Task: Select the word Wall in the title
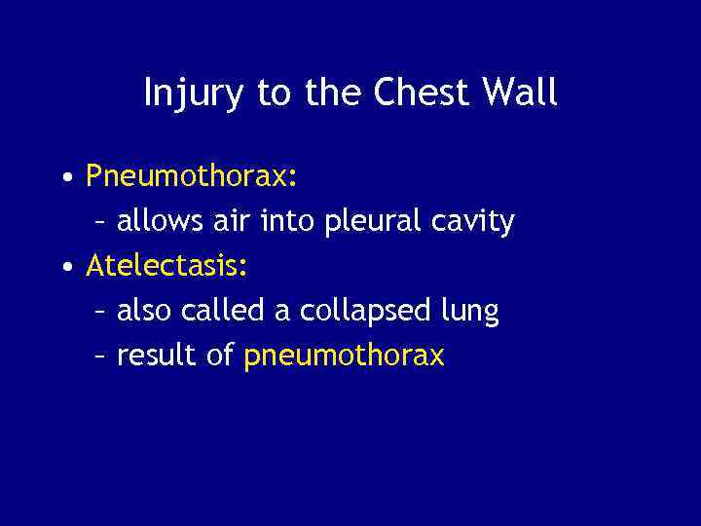pos(524,94)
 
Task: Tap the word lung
pos(475,313)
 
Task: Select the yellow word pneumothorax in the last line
pos(344,357)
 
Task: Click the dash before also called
pos(100,313)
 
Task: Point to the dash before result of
pos(100,357)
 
